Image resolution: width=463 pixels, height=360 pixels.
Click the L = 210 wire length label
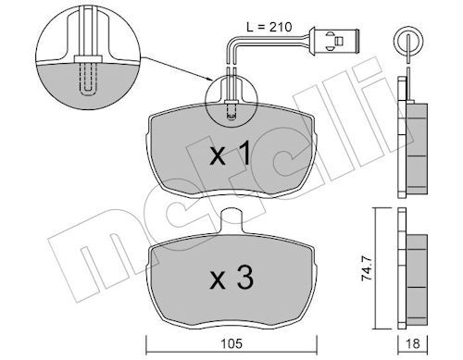coord(269,27)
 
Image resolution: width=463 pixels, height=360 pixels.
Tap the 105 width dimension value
coord(231,343)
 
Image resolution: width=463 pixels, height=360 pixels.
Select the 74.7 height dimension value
coord(368,269)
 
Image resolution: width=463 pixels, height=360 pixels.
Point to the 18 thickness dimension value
coord(412,343)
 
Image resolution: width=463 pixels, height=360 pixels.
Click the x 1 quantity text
coord(230,155)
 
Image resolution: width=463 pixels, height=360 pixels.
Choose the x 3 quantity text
coord(231,279)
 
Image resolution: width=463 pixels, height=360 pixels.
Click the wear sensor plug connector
coord(333,40)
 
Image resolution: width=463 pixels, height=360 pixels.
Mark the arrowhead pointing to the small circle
coord(209,80)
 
